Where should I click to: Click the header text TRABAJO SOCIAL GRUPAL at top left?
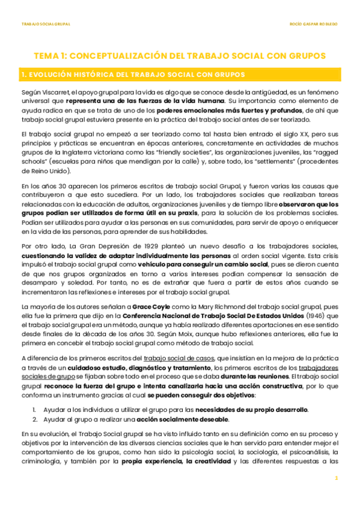click(x=46, y=25)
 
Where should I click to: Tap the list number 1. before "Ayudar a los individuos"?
click(x=35, y=409)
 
